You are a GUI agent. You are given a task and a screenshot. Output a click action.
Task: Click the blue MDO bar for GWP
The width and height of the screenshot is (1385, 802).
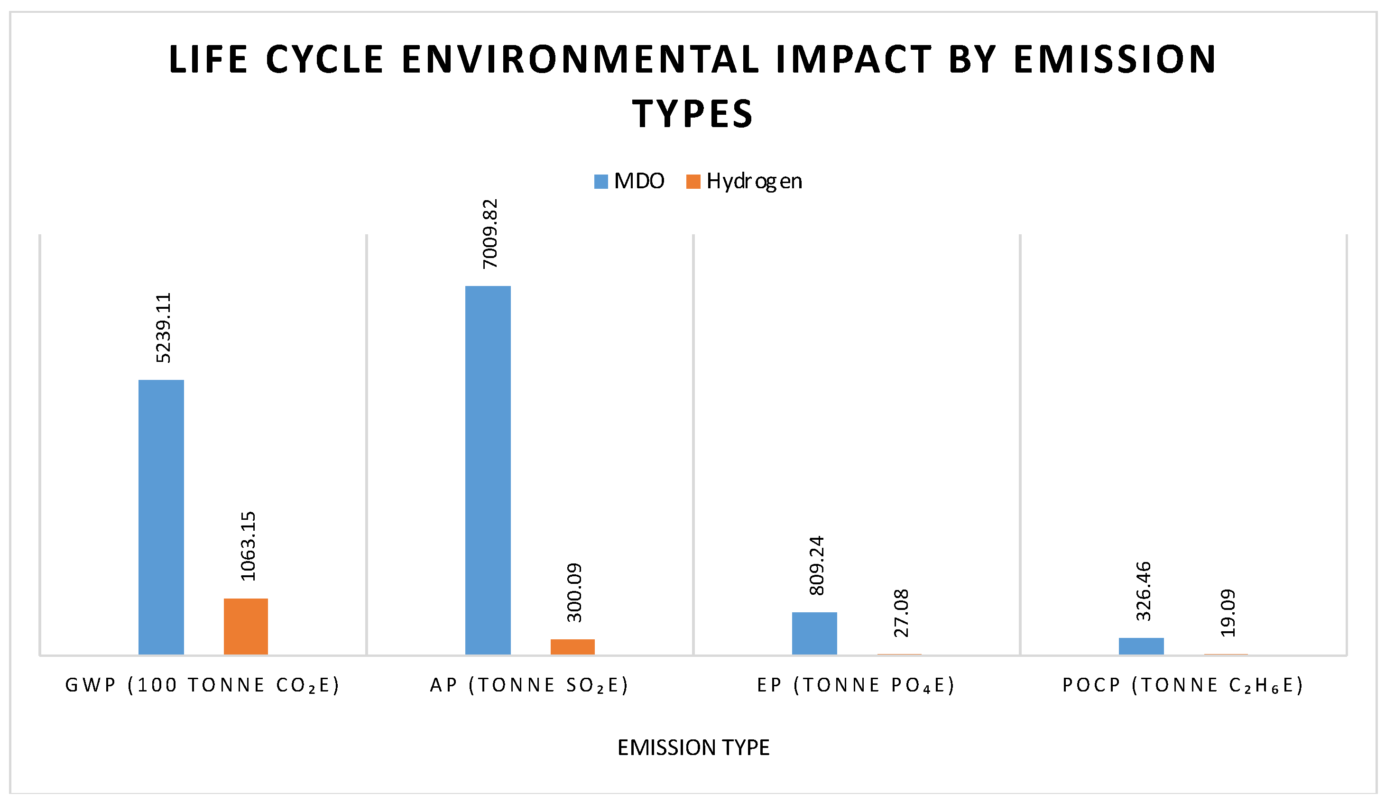161,516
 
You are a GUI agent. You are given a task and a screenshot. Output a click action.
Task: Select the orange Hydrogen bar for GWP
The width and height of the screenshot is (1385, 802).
246,626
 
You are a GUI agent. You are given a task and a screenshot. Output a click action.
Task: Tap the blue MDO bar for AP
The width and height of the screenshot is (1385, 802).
488,470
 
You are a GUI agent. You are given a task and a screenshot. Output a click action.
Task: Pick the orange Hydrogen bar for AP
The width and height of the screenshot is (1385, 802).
572,646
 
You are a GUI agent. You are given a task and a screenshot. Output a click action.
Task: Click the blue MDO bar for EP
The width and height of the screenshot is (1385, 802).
814,633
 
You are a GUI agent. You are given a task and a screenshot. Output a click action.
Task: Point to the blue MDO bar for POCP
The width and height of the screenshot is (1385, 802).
1141,646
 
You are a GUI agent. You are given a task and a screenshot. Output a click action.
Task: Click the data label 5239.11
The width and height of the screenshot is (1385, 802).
163,328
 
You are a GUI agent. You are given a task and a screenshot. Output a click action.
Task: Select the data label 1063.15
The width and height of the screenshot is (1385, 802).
248,546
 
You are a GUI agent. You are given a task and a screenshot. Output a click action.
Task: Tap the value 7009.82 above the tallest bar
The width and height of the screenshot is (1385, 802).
489,234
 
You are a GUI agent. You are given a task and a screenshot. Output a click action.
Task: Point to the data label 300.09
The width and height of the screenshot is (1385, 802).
574,592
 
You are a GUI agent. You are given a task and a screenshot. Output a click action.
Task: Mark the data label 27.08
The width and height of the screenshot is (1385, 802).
901,613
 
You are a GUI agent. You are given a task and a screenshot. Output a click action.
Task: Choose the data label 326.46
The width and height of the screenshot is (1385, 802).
1143,591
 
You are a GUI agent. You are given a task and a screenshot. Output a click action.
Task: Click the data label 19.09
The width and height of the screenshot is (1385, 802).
1228,613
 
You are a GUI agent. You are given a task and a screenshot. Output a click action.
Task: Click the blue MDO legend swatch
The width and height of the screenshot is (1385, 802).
600,181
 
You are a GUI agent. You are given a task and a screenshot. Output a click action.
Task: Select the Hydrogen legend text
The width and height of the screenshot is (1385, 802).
754,181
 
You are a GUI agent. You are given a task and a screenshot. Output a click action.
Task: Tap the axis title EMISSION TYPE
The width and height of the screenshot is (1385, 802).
693,748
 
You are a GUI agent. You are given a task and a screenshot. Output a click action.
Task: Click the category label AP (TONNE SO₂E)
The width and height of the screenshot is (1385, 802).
529,685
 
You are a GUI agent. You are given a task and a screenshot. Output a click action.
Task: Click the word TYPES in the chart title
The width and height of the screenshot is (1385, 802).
692,114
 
